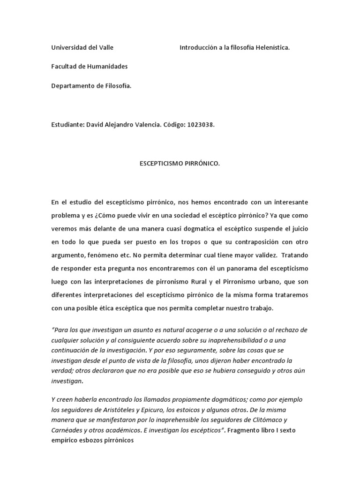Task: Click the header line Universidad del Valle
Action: click(x=82, y=47)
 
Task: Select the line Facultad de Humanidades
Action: click(x=89, y=67)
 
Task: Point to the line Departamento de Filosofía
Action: click(x=91, y=86)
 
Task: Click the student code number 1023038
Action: click(x=202, y=125)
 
